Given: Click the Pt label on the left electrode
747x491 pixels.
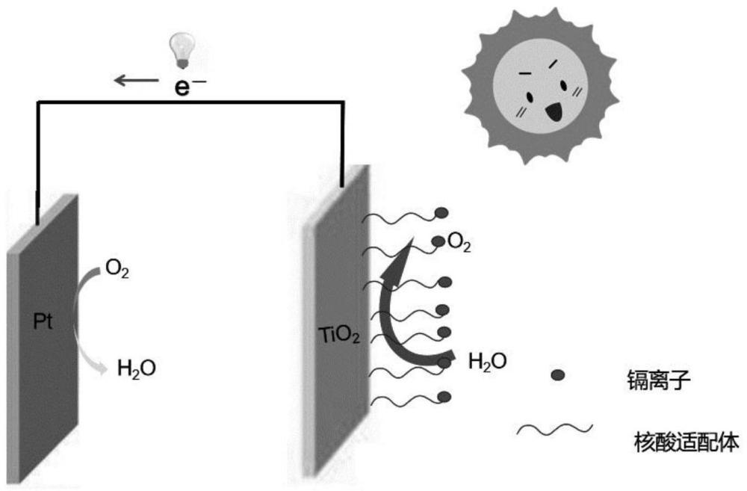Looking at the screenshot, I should [42, 321].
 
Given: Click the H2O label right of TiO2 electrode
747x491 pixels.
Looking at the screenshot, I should [487, 362].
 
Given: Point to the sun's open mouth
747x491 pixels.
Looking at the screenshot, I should [554, 112].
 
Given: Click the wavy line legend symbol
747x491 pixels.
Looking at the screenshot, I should [555, 430].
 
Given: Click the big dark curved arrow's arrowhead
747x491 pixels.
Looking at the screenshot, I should [397, 252].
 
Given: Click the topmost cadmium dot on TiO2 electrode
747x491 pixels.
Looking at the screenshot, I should [442, 212].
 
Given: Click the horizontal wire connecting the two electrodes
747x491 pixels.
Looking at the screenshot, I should [187, 102].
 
